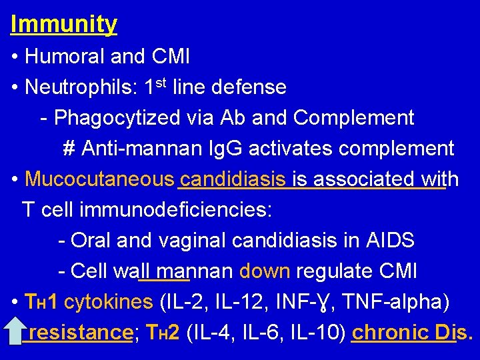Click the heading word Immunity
pos(64,24)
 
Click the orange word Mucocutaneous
pos(99,179)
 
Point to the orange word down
pos(264,271)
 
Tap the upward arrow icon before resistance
pos(15,331)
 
